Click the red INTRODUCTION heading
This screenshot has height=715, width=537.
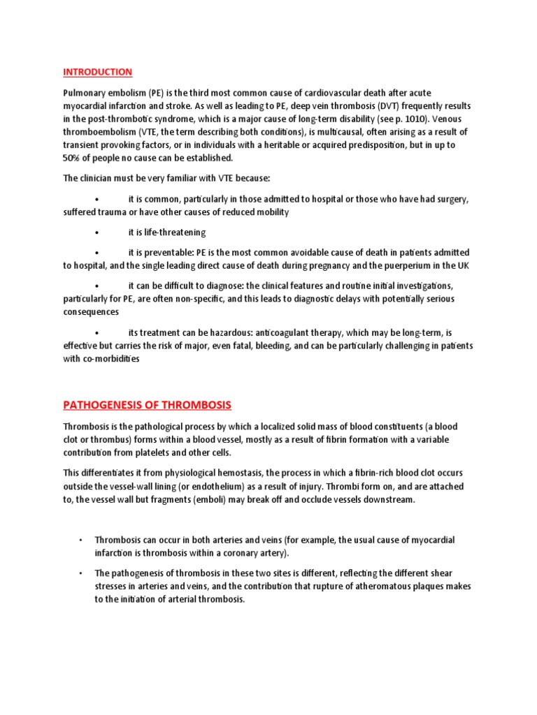(x=97, y=72)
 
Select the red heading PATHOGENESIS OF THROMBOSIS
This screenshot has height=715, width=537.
(x=147, y=405)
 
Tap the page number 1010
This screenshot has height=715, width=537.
(x=404, y=119)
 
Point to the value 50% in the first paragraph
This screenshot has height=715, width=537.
(x=74, y=158)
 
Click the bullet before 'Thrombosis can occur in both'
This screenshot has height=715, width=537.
(x=81, y=540)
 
